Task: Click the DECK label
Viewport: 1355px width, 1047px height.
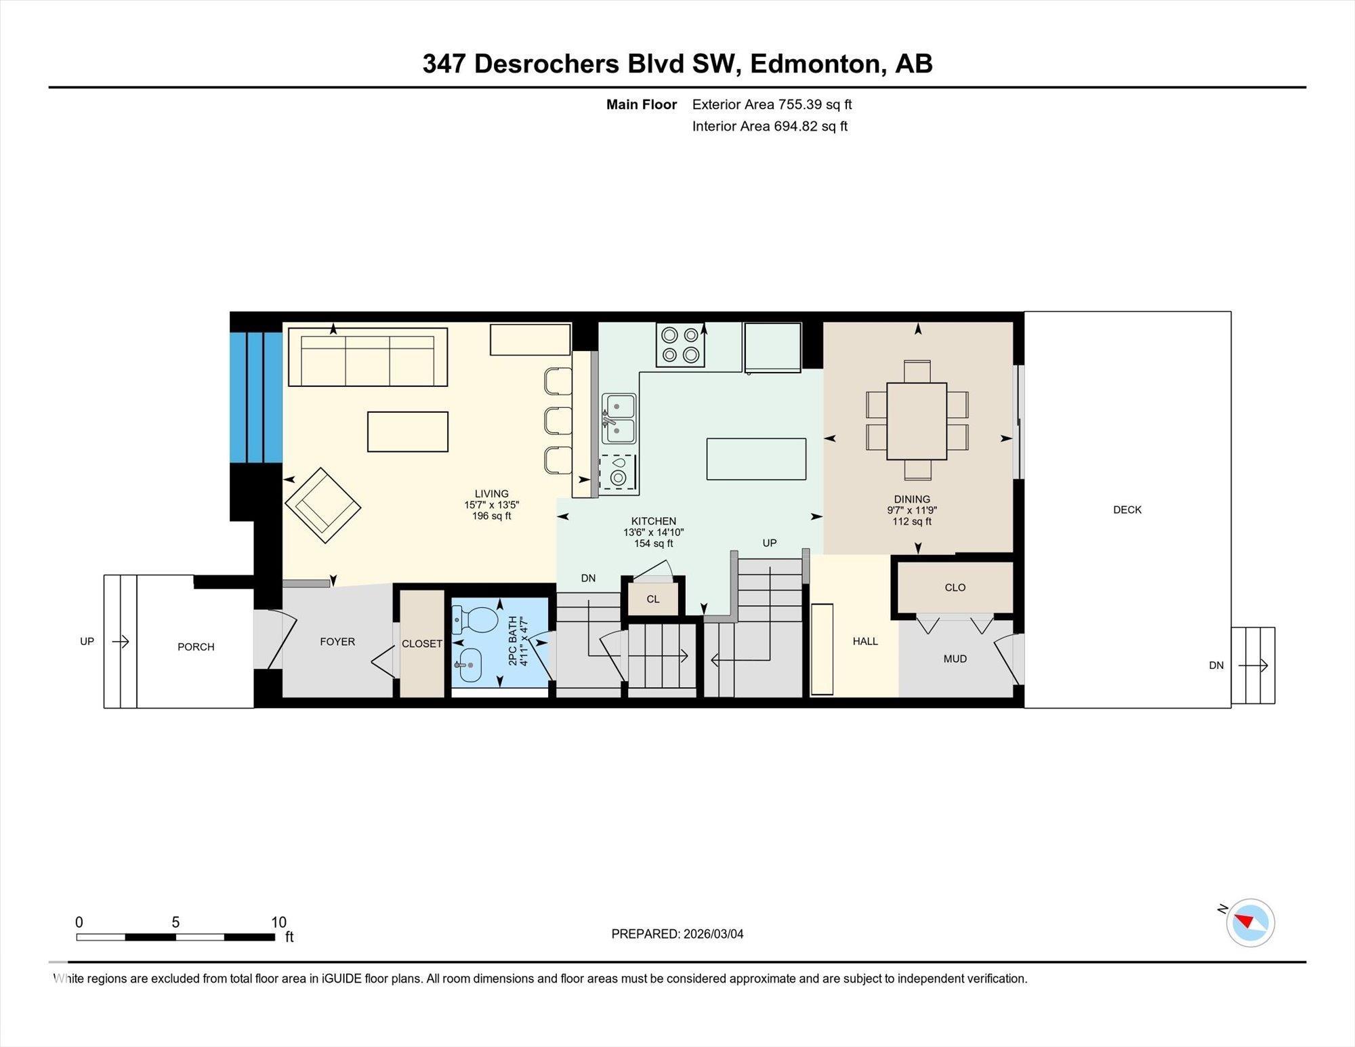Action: pyautogui.click(x=1127, y=510)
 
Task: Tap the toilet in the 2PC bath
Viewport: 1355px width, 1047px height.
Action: pyautogui.click(x=476, y=618)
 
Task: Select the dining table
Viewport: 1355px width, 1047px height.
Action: pyautogui.click(x=916, y=421)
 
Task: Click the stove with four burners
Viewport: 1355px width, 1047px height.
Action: pyautogui.click(x=680, y=344)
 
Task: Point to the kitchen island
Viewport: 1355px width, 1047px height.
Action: pyautogui.click(x=756, y=459)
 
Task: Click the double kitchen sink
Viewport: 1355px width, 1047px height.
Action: pyautogui.click(x=619, y=419)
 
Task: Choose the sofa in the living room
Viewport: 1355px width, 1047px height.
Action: pyautogui.click(x=367, y=357)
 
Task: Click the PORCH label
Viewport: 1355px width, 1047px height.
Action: pyautogui.click(x=196, y=646)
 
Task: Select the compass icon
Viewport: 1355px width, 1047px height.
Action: pyautogui.click(x=1250, y=922)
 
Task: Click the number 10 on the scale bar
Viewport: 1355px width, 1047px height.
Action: pyautogui.click(x=278, y=922)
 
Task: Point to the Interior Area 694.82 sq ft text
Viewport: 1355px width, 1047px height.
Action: pyautogui.click(x=770, y=126)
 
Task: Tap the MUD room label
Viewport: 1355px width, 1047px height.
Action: pyautogui.click(x=955, y=659)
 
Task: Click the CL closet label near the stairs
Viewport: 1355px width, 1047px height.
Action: pyautogui.click(x=652, y=599)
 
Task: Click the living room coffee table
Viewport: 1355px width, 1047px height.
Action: pyautogui.click(x=407, y=432)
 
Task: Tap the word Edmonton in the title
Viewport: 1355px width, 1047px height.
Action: pyautogui.click(x=818, y=64)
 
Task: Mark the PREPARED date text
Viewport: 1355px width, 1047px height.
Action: pyautogui.click(x=677, y=934)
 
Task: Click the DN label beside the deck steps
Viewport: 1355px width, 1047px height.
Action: pyautogui.click(x=1216, y=665)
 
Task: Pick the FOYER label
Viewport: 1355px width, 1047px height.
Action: pyautogui.click(x=337, y=641)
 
